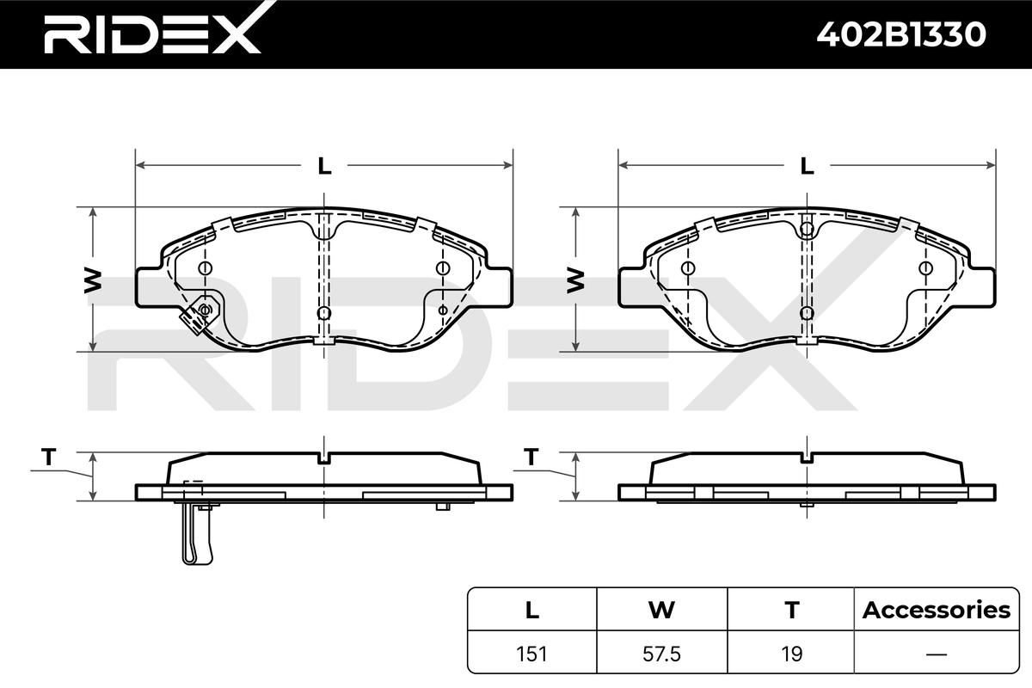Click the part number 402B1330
pyautogui.click(x=901, y=34)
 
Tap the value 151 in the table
pyautogui.click(x=531, y=654)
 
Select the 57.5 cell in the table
pyautogui.click(x=661, y=654)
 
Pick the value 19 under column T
pyautogui.click(x=792, y=654)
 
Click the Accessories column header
pyautogui.click(x=937, y=610)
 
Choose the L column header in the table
pyautogui.click(x=532, y=610)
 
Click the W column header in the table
pyautogui.click(x=661, y=610)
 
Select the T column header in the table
pyautogui.click(x=792, y=610)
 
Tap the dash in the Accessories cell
pyautogui.click(x=937, y=654)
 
